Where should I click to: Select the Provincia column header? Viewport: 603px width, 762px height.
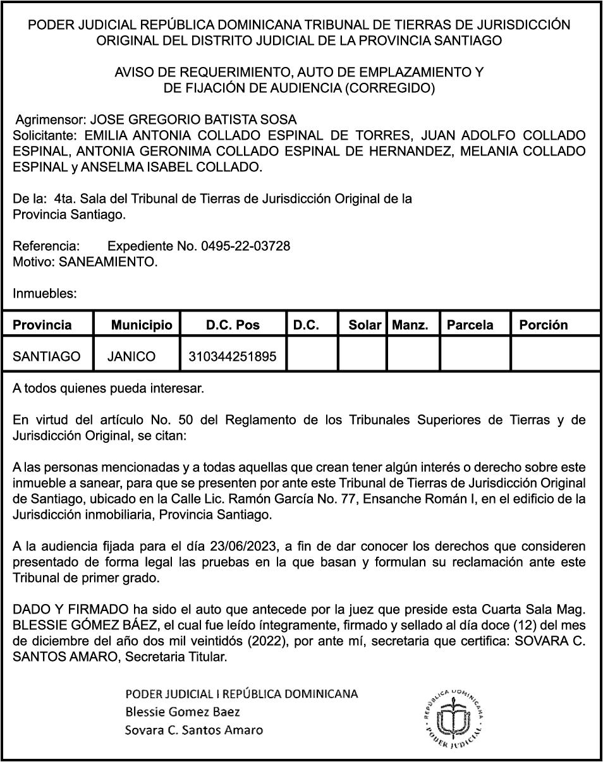point(42,325)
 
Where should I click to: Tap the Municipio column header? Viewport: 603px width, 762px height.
point(141,325)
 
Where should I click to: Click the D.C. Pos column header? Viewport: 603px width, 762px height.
point(233,325)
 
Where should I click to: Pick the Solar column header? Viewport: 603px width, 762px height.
point(365,325)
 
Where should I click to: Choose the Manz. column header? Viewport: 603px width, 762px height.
point(410,325)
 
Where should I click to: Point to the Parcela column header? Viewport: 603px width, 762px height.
point(470,325)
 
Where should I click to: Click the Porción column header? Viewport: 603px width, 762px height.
point(543,325)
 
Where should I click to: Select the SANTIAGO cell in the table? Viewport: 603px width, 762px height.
point(47,356)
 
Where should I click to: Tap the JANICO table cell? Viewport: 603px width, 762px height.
point(131,356)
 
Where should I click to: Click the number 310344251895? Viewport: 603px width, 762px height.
point(233,356)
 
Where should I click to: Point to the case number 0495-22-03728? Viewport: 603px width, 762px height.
point(246,246)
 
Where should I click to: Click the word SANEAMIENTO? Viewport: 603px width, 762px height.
point(107,261)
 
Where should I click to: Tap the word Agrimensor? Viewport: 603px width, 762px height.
point(51,119)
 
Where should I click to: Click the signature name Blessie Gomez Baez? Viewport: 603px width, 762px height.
point(183,712)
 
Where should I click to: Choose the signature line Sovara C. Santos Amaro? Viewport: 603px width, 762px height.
point(194,730)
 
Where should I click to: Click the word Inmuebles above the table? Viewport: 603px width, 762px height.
point(45,293)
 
